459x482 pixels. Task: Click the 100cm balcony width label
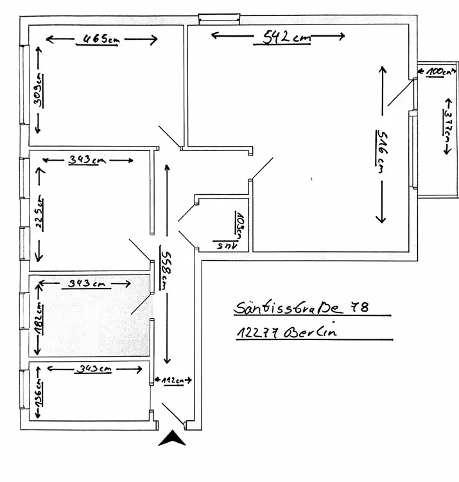tap(437, 73)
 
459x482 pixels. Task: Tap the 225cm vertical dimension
tap(39, 207)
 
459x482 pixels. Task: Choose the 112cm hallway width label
tap(171, 381)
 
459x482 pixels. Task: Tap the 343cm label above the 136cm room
tap(94, 369)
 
